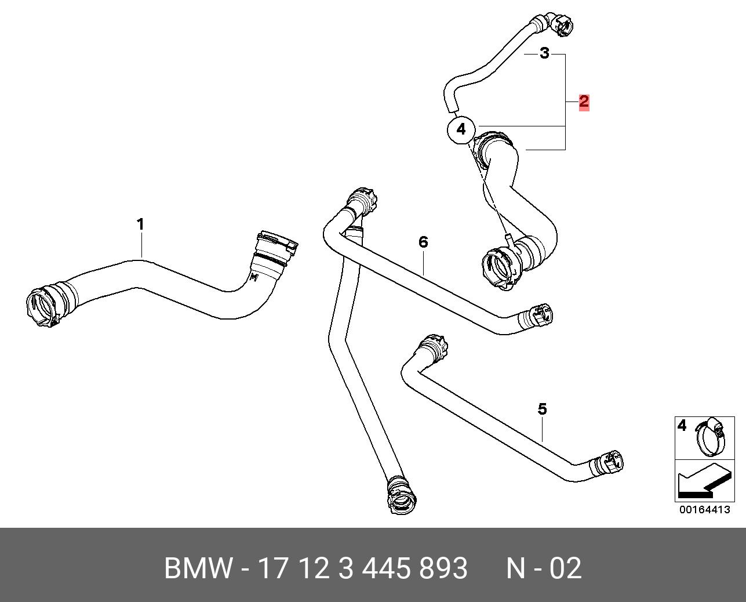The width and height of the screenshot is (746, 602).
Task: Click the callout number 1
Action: coord(140,224)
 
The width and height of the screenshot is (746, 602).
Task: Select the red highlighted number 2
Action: coord(584,101)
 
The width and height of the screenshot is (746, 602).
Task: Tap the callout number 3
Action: coord(545,53)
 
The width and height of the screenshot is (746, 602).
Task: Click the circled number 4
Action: coord(461,129)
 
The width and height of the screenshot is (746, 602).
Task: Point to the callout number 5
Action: coord(542,409)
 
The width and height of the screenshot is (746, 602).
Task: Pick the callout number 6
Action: coord(423,242)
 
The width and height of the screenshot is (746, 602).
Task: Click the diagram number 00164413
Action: coord(704,510)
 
